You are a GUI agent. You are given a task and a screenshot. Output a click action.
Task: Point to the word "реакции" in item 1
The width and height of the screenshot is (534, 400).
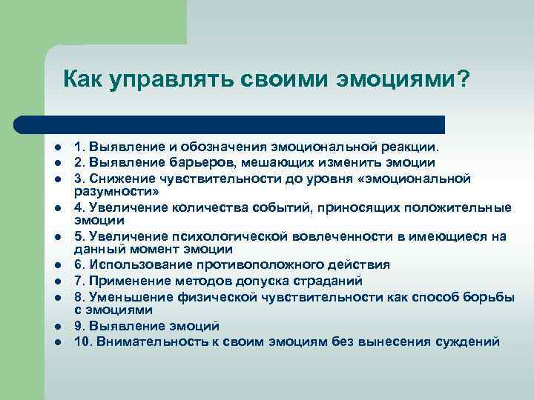click(414, 147)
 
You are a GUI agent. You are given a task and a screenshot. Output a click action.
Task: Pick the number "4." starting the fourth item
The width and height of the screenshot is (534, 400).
click(80, 207)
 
